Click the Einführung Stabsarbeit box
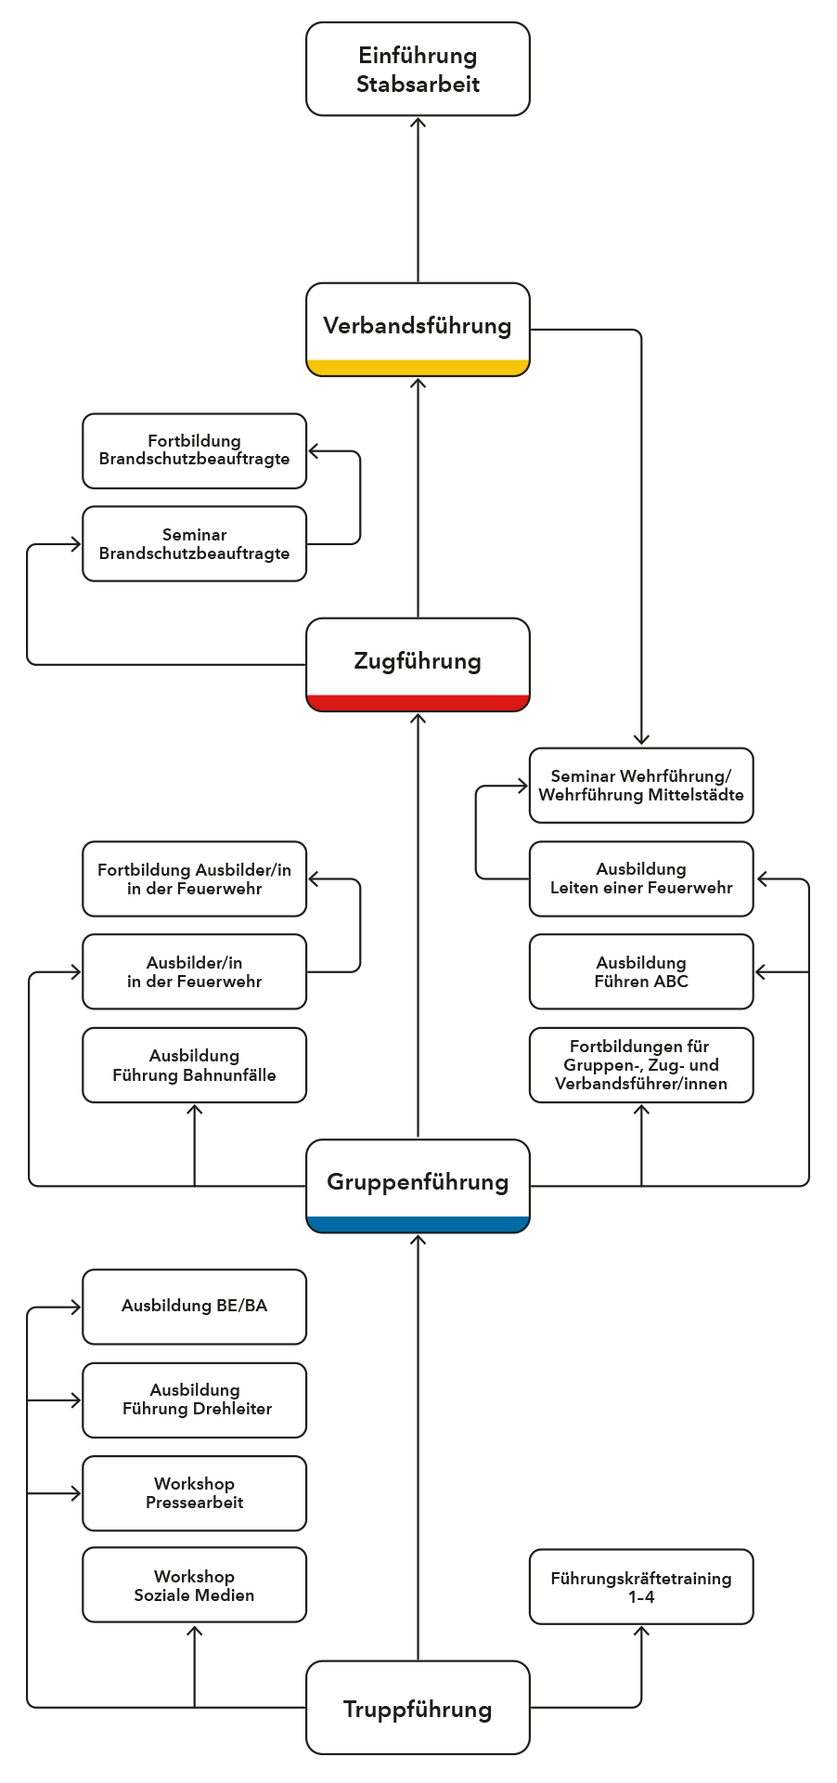(x=418, y=70)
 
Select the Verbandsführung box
(x=418, y=330)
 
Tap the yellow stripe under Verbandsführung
(x=418, y=368)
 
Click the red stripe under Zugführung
(x=418, y=703)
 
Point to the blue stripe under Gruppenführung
(x=418, y=1224)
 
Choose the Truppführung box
(x=418, y=1708)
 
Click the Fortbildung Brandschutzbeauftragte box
(x=194, y=451)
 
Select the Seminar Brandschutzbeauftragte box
(x=194, y=544)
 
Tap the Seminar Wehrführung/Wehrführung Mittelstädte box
(x=641, y=786)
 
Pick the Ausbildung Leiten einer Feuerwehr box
(x=641, y=878)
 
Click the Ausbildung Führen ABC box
(x=641, y=971)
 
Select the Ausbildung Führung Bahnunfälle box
(x=194, y=1065)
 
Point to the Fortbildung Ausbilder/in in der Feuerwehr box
(x=194, y=878)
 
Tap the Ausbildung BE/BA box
(x=194, y=1307)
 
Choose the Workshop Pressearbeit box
(x=194, y=1493)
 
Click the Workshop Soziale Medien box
(x=194, y=1584)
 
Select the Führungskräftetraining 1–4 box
(x=641, y=1586)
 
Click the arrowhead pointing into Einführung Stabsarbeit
(x=418, y=122)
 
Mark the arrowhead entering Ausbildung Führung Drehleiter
(x=76, y=1400)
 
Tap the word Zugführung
(x=418, y=661)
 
